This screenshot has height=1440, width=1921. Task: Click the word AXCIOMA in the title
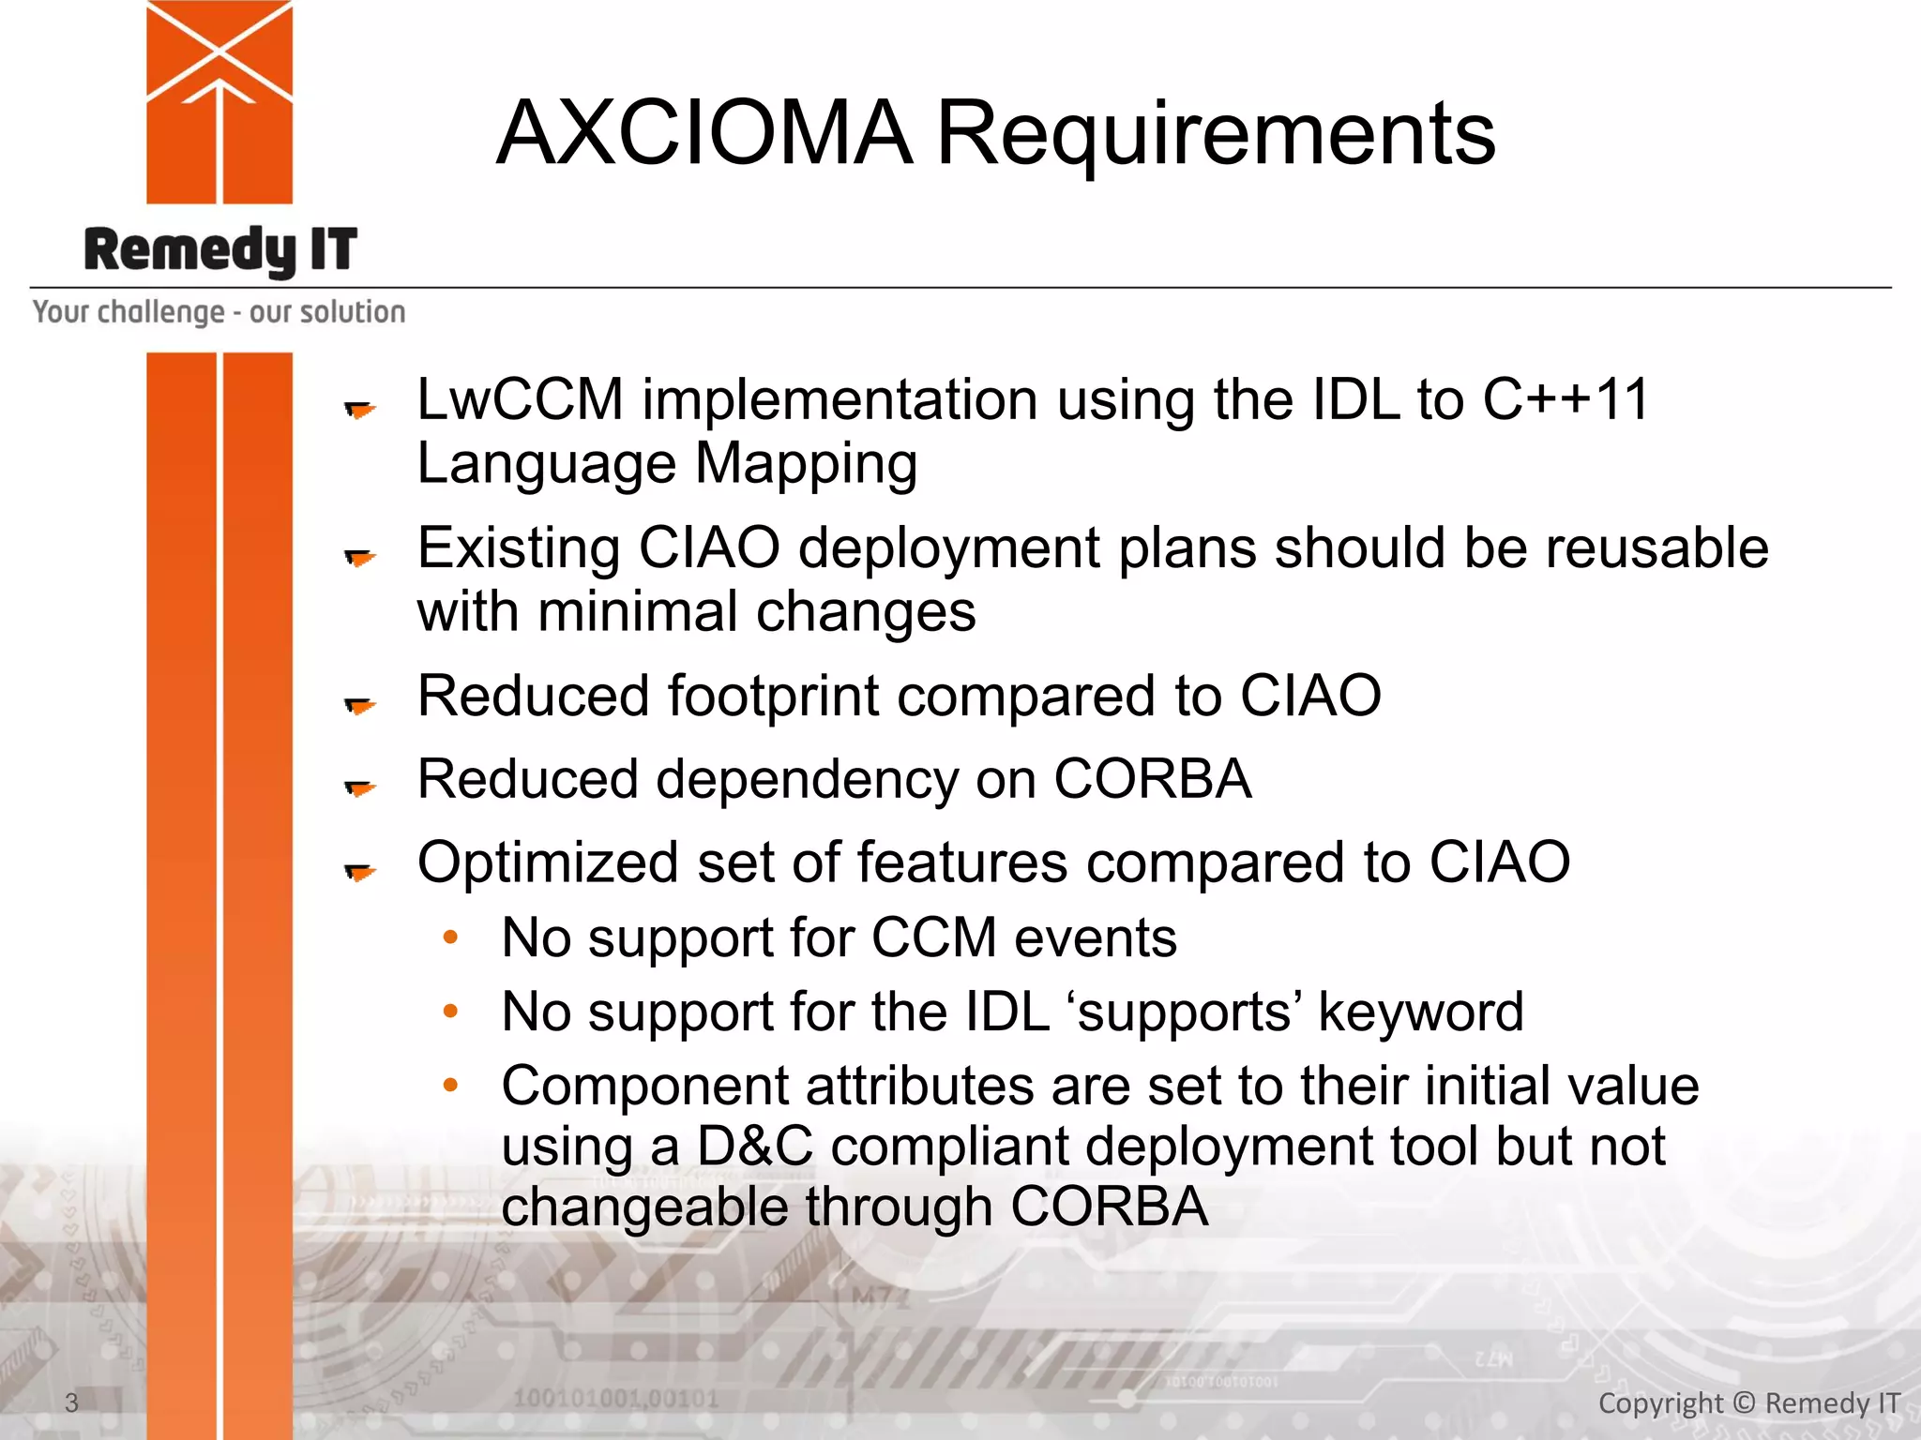pyautogui.click(x=703, y=133)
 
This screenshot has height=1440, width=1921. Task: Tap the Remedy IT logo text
pyautogui.click(x=220, y=250)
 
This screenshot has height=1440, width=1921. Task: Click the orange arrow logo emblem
pyautogui.click(x=219, y=101)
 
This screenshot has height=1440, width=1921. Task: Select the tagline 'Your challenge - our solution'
pyautogui.click(x=219, y=311)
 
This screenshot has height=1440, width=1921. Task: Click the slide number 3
pyautogui.click(x=71, y=1402)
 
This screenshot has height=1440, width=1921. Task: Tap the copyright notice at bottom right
pyautogui.click(x=1748, y=1402)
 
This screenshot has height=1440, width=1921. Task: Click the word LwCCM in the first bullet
pyautogui.click(x=520, y=399)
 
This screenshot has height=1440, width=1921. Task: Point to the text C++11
pyautogui.click(x=1565, y=399)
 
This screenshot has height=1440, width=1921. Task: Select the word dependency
pyautogui.click(x=806, y=779)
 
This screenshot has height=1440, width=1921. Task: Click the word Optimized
pyautogui.click(x=547, y=862)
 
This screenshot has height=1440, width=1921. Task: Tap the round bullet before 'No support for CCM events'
pyautogui.click(x=450, y=937)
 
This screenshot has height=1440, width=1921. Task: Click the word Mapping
pyautogui.click(x=806, y=463)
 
